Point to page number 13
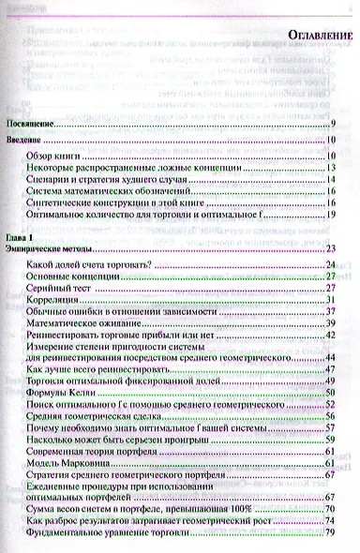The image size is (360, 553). point(333,170)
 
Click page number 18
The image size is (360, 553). point(333,215)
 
